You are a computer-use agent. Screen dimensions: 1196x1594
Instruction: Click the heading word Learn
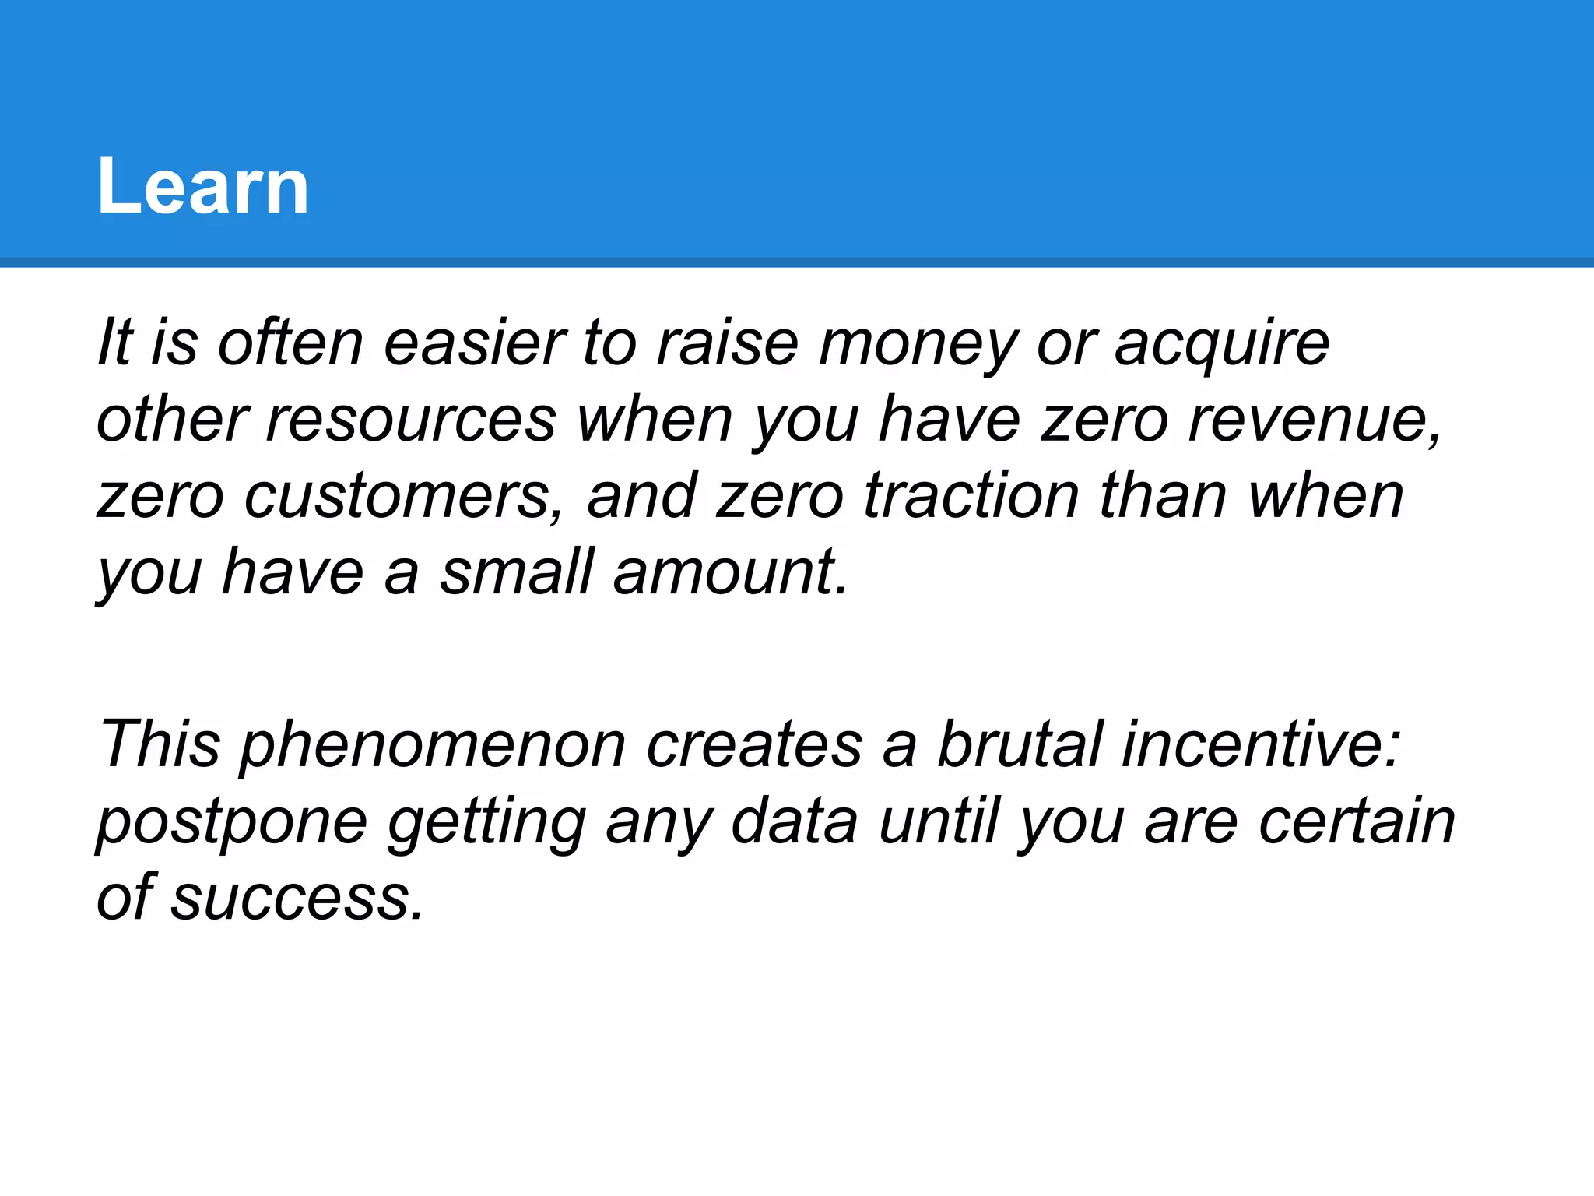pyautogui.click(x=202, y=187)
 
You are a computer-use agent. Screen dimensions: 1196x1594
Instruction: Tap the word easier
pyautogui.click(x=474, y=343)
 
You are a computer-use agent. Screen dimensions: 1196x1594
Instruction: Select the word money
pyautogui.click(x=917, y=343)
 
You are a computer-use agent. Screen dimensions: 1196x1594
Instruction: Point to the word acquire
pyautogui.click(x=1221, y=343)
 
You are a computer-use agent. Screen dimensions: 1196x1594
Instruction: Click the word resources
pyautogui.click(x=412, y=420)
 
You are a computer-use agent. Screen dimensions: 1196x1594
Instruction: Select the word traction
pyautogui.click(x=971, y=496)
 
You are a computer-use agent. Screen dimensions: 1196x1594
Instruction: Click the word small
pyautogui.click(x=517, y=572)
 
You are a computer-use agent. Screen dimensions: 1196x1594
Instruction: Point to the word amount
pyautogui.click(x=729, y=572)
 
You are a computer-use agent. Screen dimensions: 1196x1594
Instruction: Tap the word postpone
pyautogui.click(x=232, y=821)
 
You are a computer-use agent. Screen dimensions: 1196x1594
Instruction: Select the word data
pyautogui.click(x=795, y=821)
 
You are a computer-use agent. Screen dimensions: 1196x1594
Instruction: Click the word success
pyautogui.click(x=297, y=898)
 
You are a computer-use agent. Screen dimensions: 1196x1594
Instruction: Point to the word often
pyautogui.click(x=290, y=343)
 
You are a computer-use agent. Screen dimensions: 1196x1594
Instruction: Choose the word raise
pyautogui.click(x=727, y=343)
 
